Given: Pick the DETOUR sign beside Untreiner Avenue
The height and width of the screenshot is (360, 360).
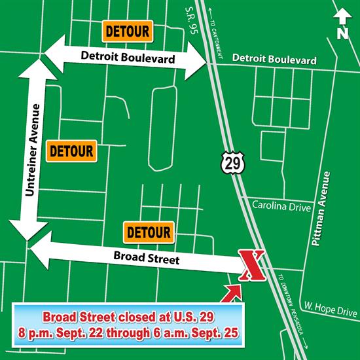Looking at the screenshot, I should pos(72,151).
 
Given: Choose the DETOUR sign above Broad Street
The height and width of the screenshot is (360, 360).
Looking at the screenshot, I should pos(149,232).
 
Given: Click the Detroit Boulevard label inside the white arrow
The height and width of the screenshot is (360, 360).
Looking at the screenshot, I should pos(128,58).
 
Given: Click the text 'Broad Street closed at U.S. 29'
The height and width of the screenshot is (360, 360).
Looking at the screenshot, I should pos(126,319).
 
